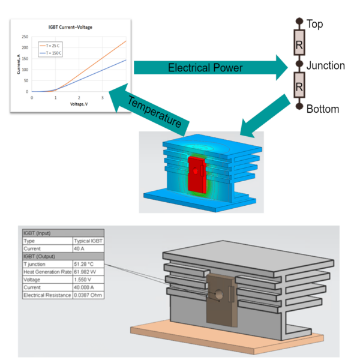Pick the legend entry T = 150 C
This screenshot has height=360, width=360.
tap(52, 53)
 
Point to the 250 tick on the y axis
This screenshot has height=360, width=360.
tap(25, 37)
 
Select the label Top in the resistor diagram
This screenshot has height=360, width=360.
tap(315, 24)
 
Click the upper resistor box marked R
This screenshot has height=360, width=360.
tap(298, 44)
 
